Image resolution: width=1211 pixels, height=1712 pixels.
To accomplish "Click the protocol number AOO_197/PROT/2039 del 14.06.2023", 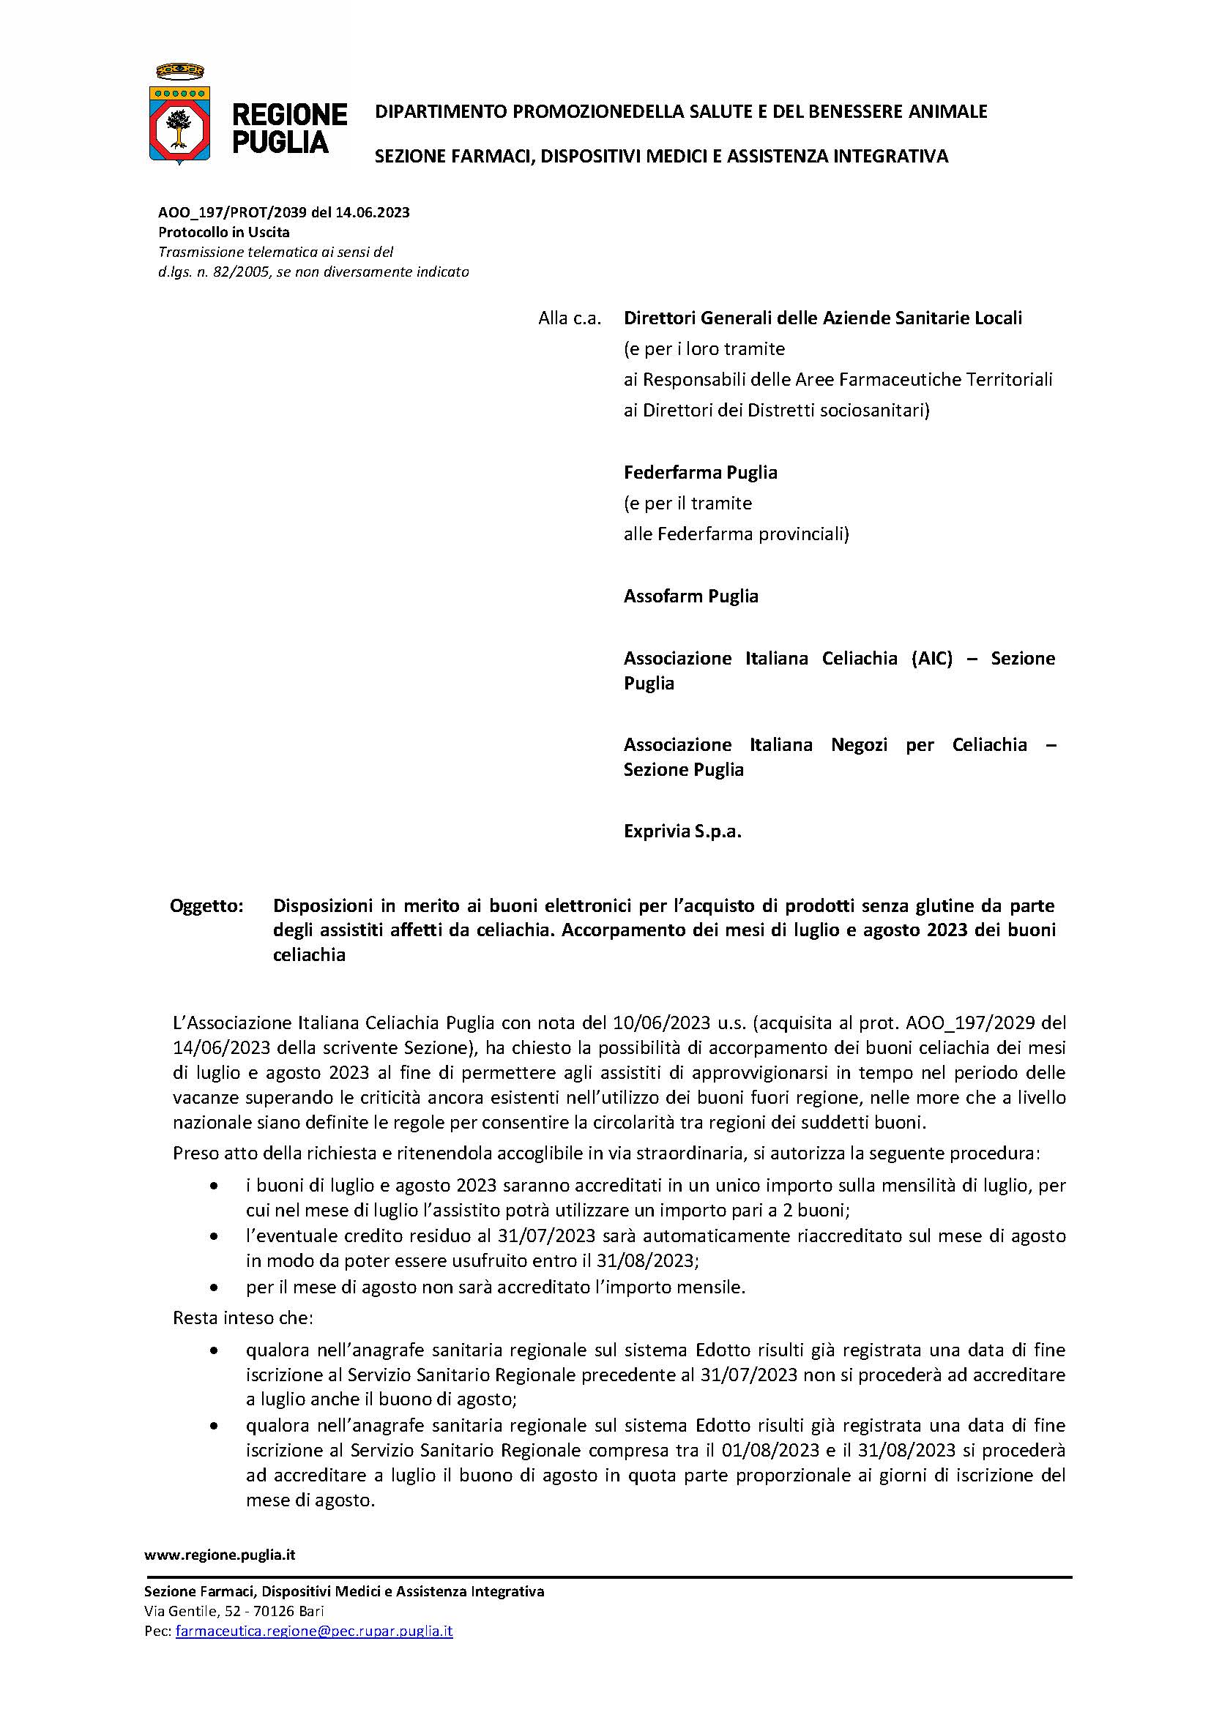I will pos(283,212).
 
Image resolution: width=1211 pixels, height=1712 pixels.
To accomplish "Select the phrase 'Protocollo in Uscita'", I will pos(224,232).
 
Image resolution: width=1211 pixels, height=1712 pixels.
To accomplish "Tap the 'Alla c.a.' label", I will pos(570,318).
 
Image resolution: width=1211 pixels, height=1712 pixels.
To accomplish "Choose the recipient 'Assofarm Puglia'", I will pos(690,596).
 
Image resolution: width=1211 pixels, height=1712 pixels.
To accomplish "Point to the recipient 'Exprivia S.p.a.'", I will pos(682,831).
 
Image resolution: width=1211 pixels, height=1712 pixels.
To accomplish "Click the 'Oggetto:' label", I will pos(206,906).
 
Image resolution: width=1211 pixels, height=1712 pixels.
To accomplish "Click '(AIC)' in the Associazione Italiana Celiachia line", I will pos(931,659).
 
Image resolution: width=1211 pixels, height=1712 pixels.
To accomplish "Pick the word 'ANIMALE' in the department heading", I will pos(947,112).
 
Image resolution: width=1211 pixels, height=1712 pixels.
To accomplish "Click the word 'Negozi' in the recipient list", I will pos(859,745).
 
